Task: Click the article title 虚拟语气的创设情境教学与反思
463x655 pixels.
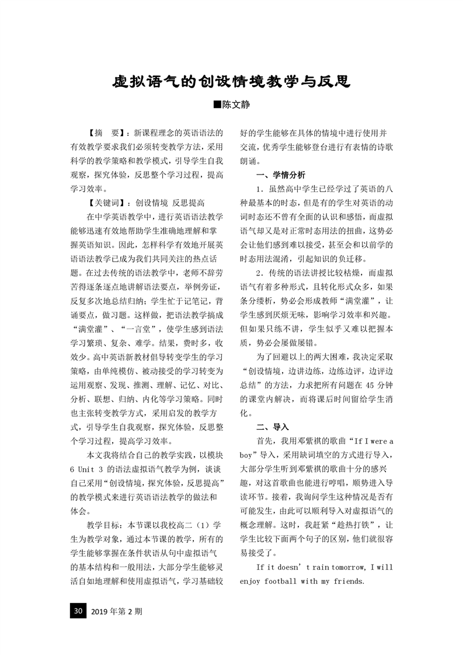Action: (x=231, y=81)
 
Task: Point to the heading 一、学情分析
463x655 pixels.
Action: (x=280, y=175)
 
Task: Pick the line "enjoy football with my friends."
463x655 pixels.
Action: (x=302, y=581)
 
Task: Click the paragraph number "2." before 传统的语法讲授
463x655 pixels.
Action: (x=262, y=273)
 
